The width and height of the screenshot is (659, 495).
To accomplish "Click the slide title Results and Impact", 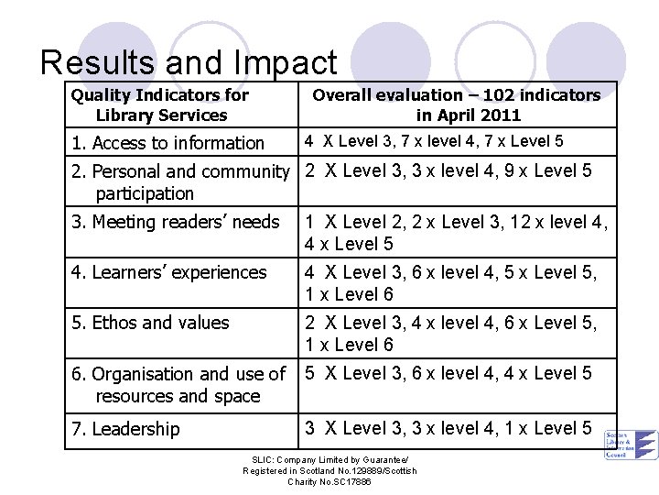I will pyautogui.click(x=189, y=62).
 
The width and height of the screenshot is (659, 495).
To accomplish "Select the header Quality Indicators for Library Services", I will pyautogui.click(x=160, y=104).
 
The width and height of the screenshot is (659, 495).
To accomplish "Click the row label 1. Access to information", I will pyautogui.click(x=169, y=143).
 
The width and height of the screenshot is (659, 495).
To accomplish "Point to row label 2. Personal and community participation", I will pyautogui.click(x=180, y=181).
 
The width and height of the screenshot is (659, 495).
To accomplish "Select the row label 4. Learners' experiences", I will pyautogui.click(x=169, y=272).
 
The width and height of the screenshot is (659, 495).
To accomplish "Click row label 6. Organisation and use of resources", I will pyautogui.click(x=178, y=385).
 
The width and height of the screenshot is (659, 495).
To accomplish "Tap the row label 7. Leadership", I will pyautogui.click(x=125, y=429).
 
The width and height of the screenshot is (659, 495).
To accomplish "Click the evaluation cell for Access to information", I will pyautogui.click(x=434, y=141).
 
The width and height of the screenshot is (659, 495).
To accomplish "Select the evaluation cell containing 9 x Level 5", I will pyautogui.click(x=448, y=170).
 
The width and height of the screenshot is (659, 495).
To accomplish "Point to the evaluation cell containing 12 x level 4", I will pyautogui.click(x=456, y=232).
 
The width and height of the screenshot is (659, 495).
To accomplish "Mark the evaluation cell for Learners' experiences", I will pyautogui.click(x=450, y=282).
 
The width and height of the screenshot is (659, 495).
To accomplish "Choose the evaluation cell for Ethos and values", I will pyautogui.click(x=450, y=333).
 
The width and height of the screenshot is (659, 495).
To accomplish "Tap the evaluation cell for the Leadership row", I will pyautogui.click(x=448, y=428).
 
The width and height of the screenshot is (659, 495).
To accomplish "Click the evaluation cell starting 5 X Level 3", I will pyautogui.click(x=448, y=373).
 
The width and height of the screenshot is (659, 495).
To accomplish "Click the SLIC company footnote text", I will pyautogui.click(x=329, y=470).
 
